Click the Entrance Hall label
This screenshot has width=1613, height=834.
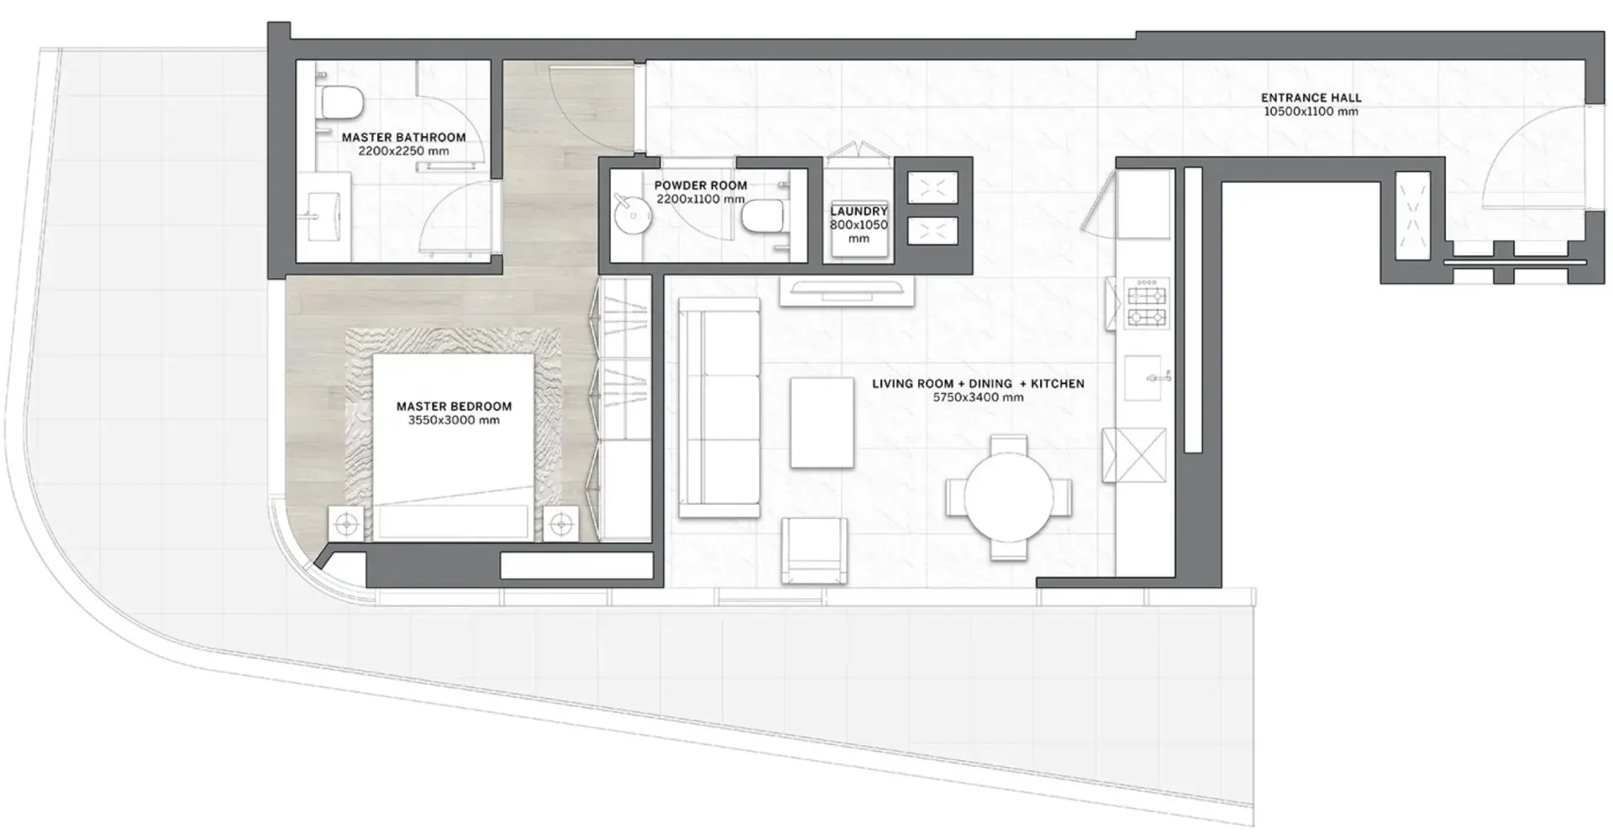click(1311, 97)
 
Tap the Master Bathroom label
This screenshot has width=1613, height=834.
click(403, 137)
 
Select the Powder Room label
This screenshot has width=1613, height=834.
click(700, 185)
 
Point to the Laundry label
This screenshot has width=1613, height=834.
click(859, 212)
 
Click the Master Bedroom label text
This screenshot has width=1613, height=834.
click(454, 407)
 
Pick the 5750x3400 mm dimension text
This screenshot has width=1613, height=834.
click(978, 397)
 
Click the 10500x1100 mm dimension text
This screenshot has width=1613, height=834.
click(1311, 111)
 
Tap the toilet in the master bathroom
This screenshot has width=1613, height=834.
click(341, 102)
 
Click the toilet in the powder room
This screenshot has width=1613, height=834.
click(763, 216)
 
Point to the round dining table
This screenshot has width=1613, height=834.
click(1008, 497)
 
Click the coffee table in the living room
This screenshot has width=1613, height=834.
click(822, 422)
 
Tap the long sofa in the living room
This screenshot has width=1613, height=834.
click(719, 407)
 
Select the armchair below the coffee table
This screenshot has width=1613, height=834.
click(814, 550)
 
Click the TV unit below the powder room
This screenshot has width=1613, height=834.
click(847, 290)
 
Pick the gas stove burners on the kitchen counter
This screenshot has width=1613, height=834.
click(1147, 303)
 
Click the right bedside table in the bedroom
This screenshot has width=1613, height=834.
click(560, 525)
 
